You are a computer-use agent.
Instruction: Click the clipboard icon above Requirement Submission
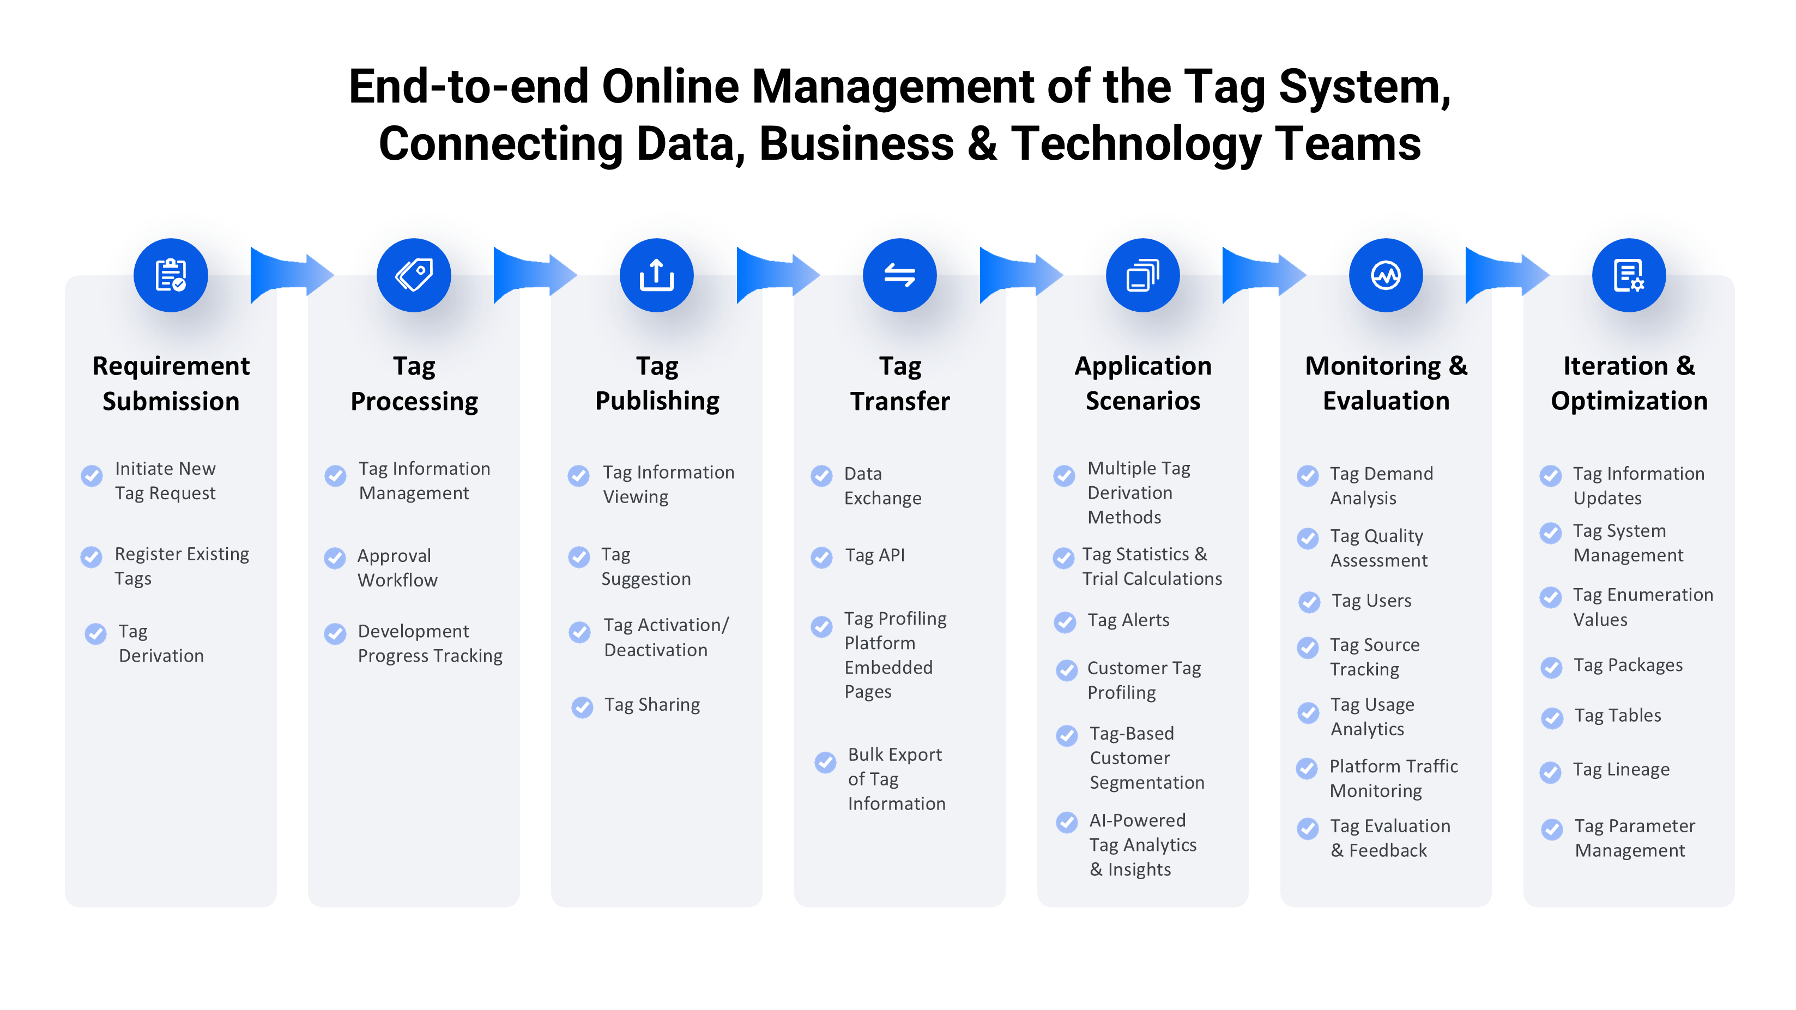pyautogui.click(x=171, y=275)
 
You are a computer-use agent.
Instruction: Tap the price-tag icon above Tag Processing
pyautogui.click(x=414, y=275)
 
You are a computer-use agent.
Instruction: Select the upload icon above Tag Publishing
pyautogui.click(x=657, y=275)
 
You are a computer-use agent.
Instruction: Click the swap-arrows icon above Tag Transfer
pyautogui.click(x=900, y=275)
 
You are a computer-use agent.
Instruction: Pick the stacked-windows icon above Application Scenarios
pyautogui.click(x=1142, y=275)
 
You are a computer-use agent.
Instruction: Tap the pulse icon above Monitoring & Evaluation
pyautogui.click(x=1386, y=275)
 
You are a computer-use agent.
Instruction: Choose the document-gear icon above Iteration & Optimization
pyautogui.click(x=1629, y=275)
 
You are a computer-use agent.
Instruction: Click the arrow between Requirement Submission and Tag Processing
pyautogui.click(x=292, y=275)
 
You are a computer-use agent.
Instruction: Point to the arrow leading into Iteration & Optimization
pyautogui.click(x=1507, y=275)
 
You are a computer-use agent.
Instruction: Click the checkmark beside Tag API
pyautogui.click(x=822, y=557)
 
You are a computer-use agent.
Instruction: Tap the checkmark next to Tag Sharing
pyautogui.click(x=582, y=707)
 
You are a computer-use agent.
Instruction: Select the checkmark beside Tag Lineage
pyautogui.click(x=1551, y=772)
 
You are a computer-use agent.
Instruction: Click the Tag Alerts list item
pyautogui.click(x=1128, y=620)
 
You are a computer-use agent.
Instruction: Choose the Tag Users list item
pyautogui.click(x=1371, y=601)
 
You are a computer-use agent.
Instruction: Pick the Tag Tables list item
pyautogui.click(x=1618, y=716)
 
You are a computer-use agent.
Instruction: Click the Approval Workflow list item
pyautogui.click(x=397, y=568)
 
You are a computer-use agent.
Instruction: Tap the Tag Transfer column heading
pyautogui.click(x=900, y=383)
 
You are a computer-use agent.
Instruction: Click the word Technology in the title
pyautogui.click(x=1136, y=143)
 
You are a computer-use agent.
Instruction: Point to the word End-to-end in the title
pyautogui.click(x=469, y=87)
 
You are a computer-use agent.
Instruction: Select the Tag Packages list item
pyautogui.click(x=1628, y=666)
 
